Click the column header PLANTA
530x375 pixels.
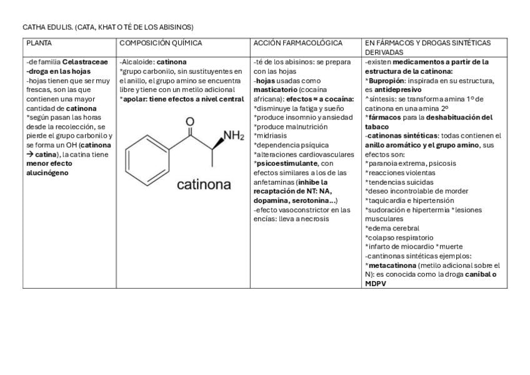[39, 43]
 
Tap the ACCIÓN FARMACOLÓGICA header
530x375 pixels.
[298, 43]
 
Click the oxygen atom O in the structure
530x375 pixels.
[190, 121]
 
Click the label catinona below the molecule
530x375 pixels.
[204, 184]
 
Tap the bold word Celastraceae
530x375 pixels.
[85, 62]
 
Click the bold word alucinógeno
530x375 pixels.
[47, 173]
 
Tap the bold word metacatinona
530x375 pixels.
[392, 265]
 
